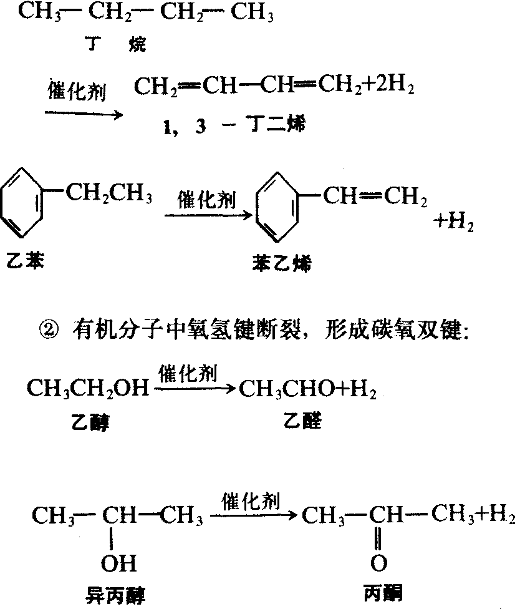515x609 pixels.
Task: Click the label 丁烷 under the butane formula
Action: [x=116, y=44]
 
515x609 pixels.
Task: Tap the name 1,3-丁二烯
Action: [x=234, y=125]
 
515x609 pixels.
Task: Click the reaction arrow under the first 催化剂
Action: [x=84, y=114]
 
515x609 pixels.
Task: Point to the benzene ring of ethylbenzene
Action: [x=21, y=203]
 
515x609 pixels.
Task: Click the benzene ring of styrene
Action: [x=277, y=207]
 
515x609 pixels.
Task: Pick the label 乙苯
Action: [x=25, y=260]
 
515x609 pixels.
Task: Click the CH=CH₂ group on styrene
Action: [x=375, y=196]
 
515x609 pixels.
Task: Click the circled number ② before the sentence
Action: [x=49, y=331]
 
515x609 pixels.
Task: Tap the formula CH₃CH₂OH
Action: [x=88, y=388]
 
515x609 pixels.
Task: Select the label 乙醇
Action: [x=90, y=422]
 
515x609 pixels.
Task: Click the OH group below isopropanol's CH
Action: [x=118, y=563]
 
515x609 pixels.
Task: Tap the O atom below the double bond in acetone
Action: [x=378, y=563]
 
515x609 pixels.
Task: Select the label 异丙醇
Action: [x=115, y=595]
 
